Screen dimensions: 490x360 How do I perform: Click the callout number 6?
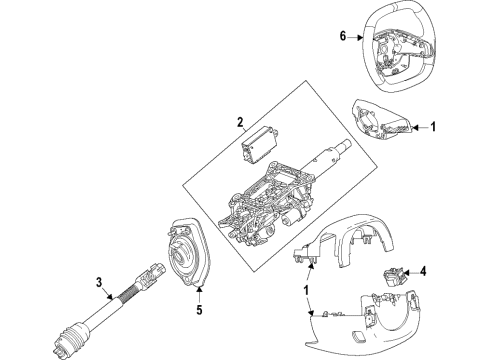pyautogui.click(x=343, y=36)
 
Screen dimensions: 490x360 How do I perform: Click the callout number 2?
pyautogui.click(x=240, y=122)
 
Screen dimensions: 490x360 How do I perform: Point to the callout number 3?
pyautogui.click(x=99, y=283)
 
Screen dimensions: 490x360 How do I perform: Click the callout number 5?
pyautogui.click(x=199, y=310)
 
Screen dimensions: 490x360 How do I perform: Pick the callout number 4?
pyautogui.click(x=423, y=272)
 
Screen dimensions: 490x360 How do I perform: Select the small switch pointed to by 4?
pyautogui.click(x=394, y=277)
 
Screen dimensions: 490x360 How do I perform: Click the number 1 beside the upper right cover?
pyautogui.click(x=433, y=127)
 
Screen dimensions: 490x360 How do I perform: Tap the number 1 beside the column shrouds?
pyautogui.click(x=306, y=290)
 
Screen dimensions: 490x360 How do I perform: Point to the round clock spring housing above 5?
pyautogui.click(x=187, y=254)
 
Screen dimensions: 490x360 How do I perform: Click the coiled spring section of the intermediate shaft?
pyautogui.click(x=128, y=291)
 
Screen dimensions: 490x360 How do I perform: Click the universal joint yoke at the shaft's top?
pyautogui.click(x=151, y=274)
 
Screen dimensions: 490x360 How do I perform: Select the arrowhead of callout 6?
pyautogui.click(x=360, y=38)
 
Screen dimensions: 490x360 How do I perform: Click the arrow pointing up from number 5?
pyautogui.click(x=199, y=295)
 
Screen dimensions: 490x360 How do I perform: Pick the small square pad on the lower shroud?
pyautogui.click(x=358, y=337)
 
